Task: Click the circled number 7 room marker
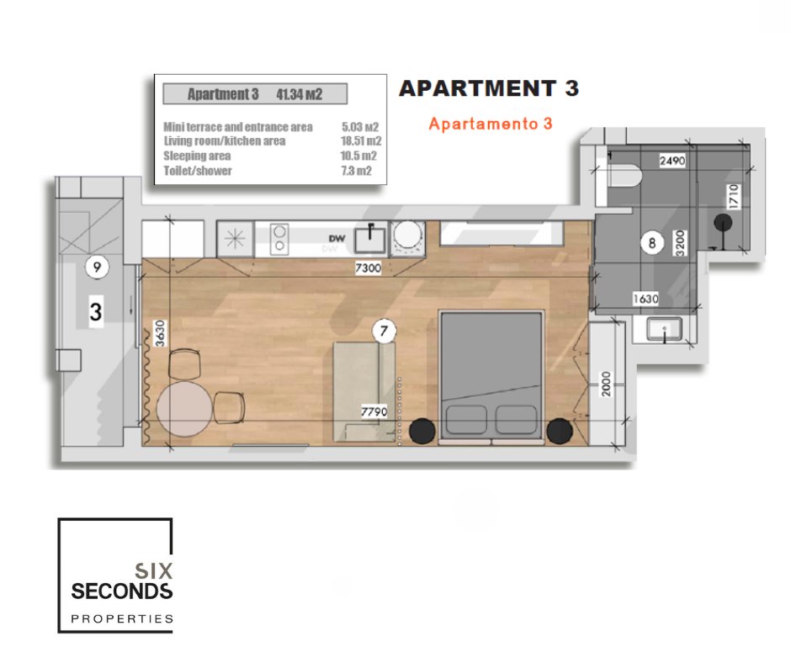pos(384,331)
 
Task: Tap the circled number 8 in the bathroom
pos(652,242)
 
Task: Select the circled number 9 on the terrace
pos(97,267)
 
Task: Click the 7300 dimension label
pos(368,268)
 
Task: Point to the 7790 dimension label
pos(374,411)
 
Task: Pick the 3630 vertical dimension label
pos(160,333)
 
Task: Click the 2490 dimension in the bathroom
pos(672,161)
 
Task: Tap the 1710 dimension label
pos(734,196)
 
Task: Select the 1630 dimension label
pos(645,299)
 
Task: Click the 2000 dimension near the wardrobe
pos(606,384)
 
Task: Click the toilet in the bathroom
pos(624,176)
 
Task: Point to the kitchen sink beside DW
pos(369,239)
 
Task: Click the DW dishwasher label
pos(337,239)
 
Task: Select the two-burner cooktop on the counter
pos(279,239)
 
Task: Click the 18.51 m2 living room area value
pos(361,141)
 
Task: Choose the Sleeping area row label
pos(197,156)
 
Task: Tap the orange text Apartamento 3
pos(491,124)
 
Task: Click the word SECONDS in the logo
pos(121,591)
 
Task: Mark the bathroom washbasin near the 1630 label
pos(665,329)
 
